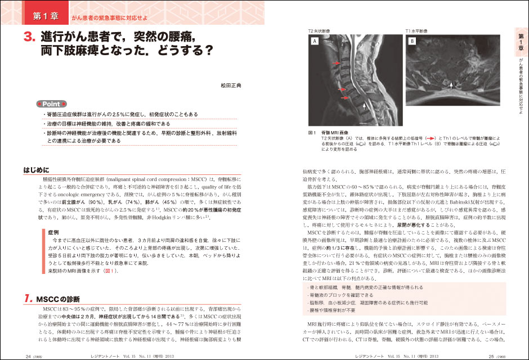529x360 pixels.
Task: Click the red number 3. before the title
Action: tap(30, 38)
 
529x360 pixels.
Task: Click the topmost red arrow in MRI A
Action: tap(337, 64)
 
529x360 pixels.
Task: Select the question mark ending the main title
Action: tap(208, 53)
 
